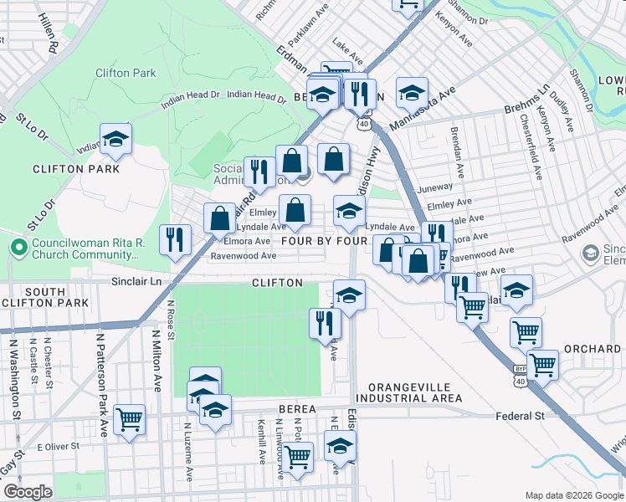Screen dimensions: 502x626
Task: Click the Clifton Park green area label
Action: click(x=126, y=73)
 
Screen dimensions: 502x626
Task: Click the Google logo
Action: click(x=28, y=492)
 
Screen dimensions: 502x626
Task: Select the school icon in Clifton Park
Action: click(x=115, y=140)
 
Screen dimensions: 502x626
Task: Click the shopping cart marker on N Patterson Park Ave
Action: click(x=129, y=420)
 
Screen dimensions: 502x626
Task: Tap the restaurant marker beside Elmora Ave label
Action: click(x=177, y=240)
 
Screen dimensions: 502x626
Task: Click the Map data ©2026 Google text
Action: click(x=573, y=494)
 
